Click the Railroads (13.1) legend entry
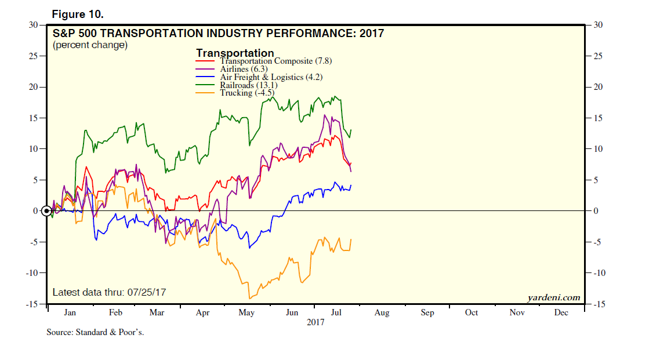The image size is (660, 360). (x=248, y=85)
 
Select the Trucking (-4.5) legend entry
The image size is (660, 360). (x=246, y=93)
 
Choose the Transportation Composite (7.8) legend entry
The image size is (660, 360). (x=276, y=60)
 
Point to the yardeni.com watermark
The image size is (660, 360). (x=553, y=297)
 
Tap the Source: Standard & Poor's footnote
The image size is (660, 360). (x=95, y=333)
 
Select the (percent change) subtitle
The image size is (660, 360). (x=90, y=45)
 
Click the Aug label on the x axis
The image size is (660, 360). (x=382, y=312)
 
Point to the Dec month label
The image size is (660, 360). (x=561, y=312)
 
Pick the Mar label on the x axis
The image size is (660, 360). (x=157, y=312)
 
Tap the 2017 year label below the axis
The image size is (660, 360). (x=316, y=322)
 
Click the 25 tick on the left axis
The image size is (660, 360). (x=33, y=56)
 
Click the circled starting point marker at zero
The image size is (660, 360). (x=47, y=210)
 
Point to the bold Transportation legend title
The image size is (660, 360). (x=235, y=53)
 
